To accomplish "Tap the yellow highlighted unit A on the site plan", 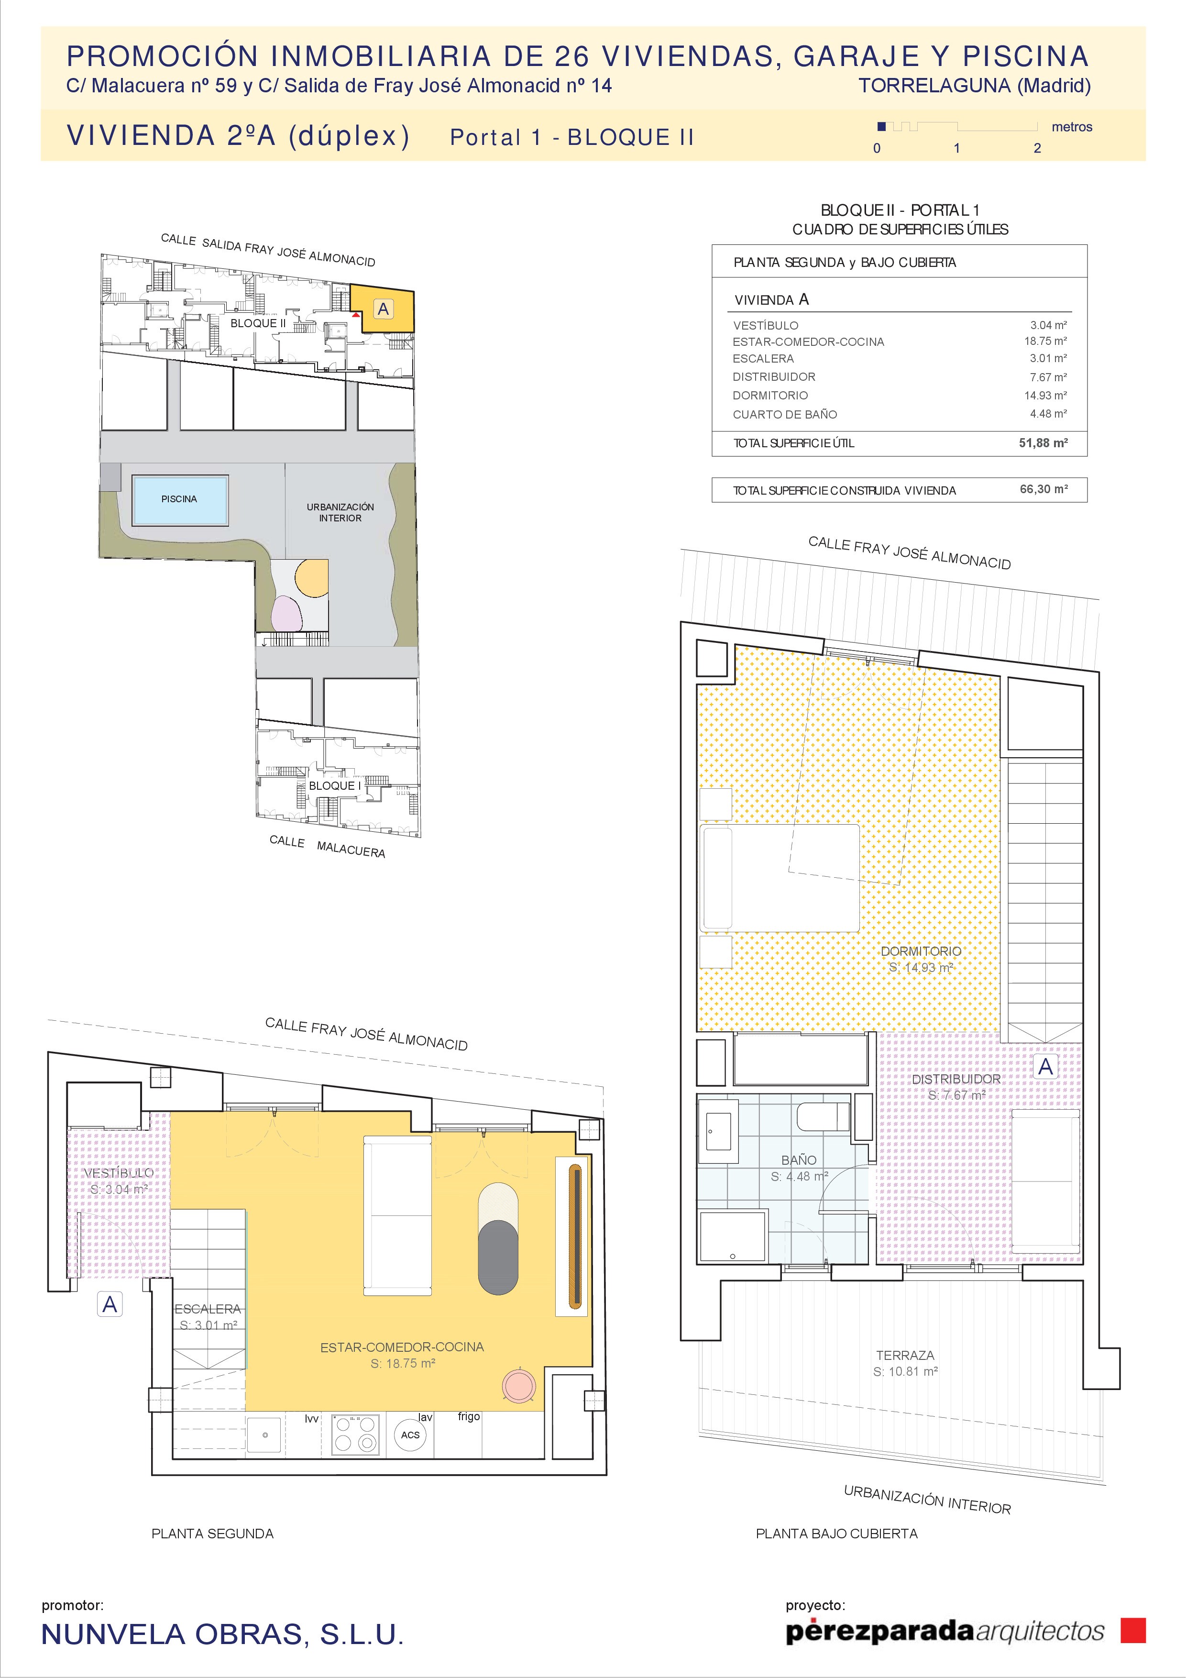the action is [383, 309].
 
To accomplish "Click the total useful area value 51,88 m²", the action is [1043, 443].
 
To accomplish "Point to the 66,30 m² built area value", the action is [1043, 489].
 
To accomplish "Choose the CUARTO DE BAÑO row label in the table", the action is [785, 414].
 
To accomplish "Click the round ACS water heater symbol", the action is [410, 1435].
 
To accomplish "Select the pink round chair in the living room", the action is [519, 1385].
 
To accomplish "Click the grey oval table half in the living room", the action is [498, 1257].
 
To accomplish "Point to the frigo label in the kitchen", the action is [469, 1416].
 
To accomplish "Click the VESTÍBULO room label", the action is [119, 1173].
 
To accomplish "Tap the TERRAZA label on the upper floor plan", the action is [905, 1355].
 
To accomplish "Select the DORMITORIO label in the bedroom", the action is [921, 951].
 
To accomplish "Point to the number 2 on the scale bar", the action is [1037, 148].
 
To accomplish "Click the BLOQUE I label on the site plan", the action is [335, 785].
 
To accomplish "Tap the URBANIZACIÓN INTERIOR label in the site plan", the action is [340, 512].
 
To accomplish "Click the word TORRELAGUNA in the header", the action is [934, 86].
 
